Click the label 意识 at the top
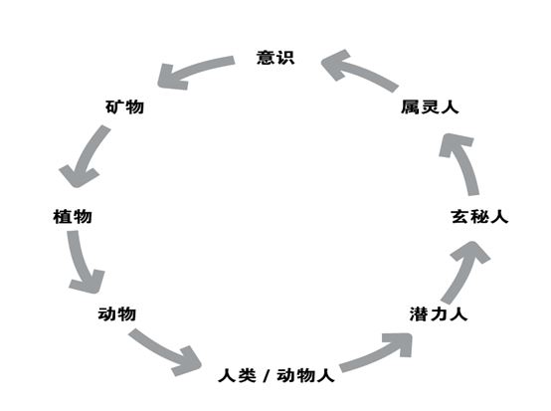pos(275,58)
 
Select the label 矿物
pos(124,106)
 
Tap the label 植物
pos(73,217)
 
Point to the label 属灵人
pos(430,106)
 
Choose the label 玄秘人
pos(479,217)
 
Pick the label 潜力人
pos(439,313)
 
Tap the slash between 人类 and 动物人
pos(267,376)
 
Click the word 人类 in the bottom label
pos(237,375)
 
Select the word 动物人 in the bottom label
pos(305,375)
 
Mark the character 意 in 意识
pos(266,58)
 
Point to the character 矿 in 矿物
pos(115,106)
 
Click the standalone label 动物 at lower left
pos(117,313)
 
